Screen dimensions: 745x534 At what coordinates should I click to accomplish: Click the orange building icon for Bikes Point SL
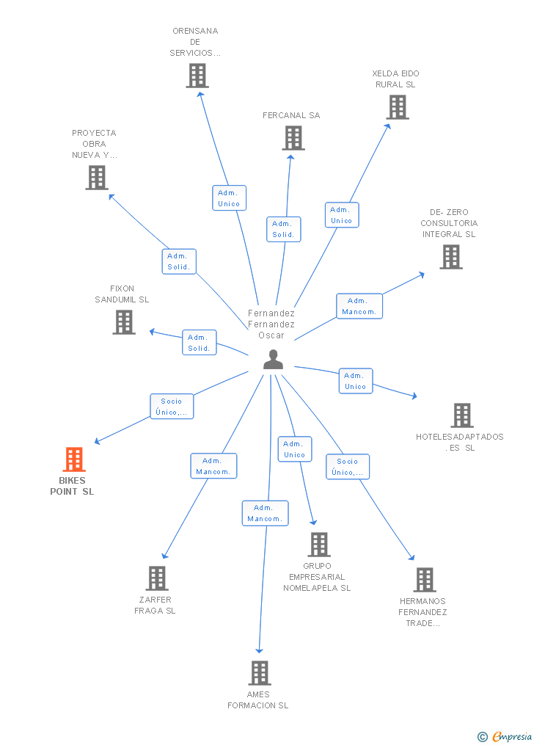pos(73,459)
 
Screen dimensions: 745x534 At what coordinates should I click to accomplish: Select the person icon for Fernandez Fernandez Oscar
pos(273,360)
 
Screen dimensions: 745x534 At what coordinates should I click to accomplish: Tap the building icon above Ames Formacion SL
pos(259,673)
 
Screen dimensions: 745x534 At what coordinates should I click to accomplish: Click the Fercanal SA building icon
pos(293,138)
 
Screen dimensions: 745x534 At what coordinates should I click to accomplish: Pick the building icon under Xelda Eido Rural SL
pos(397,107)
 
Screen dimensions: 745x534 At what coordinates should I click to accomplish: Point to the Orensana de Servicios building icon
pos(197,76)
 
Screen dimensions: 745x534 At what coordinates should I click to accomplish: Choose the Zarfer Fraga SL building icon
pos(156,578)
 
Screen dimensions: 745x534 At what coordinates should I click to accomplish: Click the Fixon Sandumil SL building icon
pos(124,321)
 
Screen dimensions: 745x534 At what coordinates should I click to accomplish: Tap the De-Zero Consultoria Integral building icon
pos(450,257)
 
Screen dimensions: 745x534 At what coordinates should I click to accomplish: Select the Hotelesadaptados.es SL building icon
pos(461,415)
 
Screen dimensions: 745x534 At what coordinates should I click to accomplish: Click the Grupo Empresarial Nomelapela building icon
pos(318,545)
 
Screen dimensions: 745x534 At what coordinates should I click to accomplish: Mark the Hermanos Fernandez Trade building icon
pos(424,580)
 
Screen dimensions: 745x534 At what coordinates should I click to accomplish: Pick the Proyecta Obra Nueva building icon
pos(96,178)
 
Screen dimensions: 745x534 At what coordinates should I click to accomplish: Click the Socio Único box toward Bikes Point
pos(172,407)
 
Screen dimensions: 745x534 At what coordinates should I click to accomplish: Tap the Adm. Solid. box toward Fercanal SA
pos(282,229)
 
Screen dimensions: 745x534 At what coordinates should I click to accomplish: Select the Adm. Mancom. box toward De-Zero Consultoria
pos(359,306)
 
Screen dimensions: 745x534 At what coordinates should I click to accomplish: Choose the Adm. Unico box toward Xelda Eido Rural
pos(342,215)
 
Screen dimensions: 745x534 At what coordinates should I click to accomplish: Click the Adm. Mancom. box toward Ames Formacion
pos(265,513)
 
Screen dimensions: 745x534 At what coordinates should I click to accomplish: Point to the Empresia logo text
pos(512,736)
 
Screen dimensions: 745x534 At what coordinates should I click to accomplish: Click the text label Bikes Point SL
pos(72,486)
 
